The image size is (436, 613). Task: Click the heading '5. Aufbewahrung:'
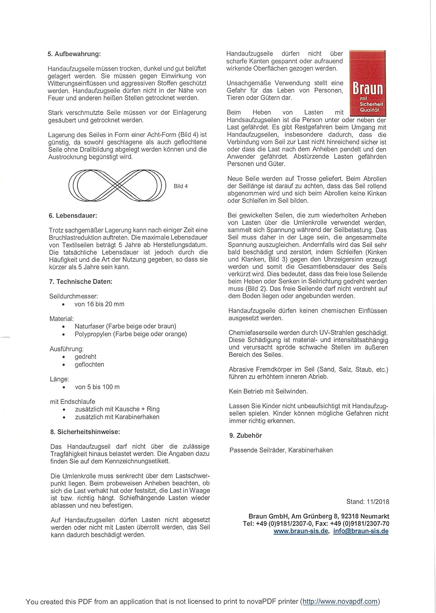[74, 54]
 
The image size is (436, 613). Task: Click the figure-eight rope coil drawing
[117, 186]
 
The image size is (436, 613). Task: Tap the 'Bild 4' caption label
[180, 186]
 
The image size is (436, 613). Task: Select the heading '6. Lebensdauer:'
[73, 215]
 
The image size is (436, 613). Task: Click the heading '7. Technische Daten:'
[81, 282]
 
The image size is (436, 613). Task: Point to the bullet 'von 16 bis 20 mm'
[99, 304]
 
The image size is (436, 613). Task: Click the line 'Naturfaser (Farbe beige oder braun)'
[125, 326]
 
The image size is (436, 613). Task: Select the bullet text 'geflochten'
[89, 365]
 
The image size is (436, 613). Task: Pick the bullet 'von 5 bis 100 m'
[97, 387]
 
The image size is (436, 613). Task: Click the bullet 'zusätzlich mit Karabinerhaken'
[117, 417]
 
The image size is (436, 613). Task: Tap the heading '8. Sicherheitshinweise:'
[85, 432]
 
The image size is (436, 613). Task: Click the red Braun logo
[368, 84]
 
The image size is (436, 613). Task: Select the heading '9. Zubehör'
[245, 436]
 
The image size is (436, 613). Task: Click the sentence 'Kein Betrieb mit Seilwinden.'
[268, 392]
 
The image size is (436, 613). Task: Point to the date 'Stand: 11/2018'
[367, 502]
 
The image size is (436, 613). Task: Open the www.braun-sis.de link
[301, 531]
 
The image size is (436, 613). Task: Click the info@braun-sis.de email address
[361, 531]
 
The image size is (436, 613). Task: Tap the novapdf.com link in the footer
[340, 602]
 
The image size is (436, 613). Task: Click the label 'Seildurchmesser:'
[74, 296]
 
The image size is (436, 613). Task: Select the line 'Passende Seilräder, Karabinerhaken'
[281, 450]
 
